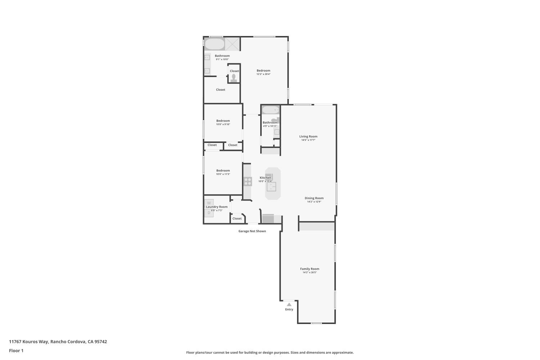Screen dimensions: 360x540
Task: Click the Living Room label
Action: pyautogui.click(x=308, y=136)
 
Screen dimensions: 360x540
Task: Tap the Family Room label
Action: pyautogui.click(x=310, y=269)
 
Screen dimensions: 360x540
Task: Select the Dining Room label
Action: pyautogui.click(x=314, y=198)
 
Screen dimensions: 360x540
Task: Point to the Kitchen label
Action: pyautogui.click(x=265, y=178)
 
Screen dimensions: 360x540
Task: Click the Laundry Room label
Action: pyautogui.click(x=217, y=207)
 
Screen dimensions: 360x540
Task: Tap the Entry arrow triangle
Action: pyautogui.click(x=289, y=305)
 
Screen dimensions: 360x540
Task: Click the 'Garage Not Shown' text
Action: pyautogui.click(x=252, y=231)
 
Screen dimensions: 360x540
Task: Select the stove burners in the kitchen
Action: pyautogui.click(x=248, y=181)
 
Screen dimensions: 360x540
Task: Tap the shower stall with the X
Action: pyautogui.click(x=233, y=44)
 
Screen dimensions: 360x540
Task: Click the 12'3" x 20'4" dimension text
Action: pyautogui.click(x=263, y=74)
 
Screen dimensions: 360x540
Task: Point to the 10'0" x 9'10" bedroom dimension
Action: pyautogui.click(x=223, y=125)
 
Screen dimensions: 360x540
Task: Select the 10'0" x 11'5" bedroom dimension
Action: pyautogui.click(x=223, y=174)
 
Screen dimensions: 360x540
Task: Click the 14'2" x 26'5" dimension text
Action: pyautogui.click(x=310, y=273)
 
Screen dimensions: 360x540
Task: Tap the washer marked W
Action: pyautogui.click(x=209, y=203)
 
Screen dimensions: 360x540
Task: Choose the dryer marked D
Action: pyautogui.click(x=209, y=213)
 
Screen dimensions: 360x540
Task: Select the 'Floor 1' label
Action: pyautogui.click(x=16, y=351)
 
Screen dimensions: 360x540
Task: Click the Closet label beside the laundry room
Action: pyautogui.click(x=237, y=219)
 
